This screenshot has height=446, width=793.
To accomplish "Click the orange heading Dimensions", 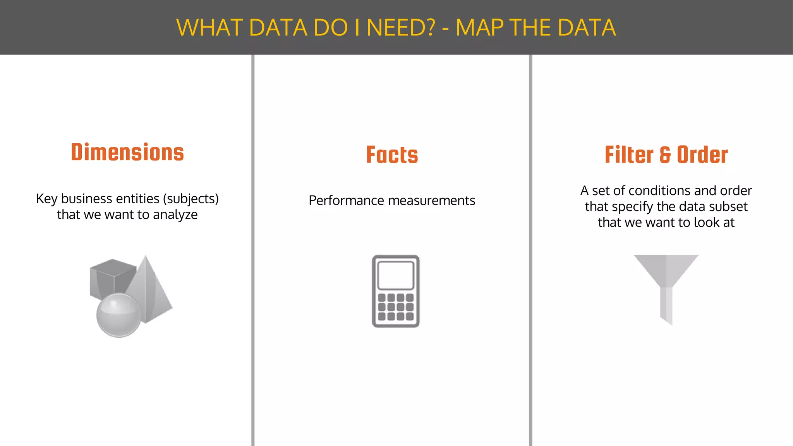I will (x=127, y=152).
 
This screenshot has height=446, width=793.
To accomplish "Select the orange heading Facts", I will (x=392, y=155).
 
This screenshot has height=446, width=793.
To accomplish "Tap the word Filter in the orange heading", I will (x=629, y=155).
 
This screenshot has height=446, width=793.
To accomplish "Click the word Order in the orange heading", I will (x=702, y=155).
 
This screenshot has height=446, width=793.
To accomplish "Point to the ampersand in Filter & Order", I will (x=665, y=155).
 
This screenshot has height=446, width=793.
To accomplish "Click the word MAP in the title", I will (x=479, y=28).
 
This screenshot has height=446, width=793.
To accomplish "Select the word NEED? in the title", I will (x=401, y=28).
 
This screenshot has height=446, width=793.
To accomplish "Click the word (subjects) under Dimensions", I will (x=191, y=199).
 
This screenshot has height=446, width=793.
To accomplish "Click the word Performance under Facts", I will (x=346, y=201).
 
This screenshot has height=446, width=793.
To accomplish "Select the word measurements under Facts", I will (x=431, y=201).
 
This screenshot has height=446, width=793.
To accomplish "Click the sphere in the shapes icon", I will (x=118, y=315).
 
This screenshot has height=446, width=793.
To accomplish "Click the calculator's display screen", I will (x=396, y=275).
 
